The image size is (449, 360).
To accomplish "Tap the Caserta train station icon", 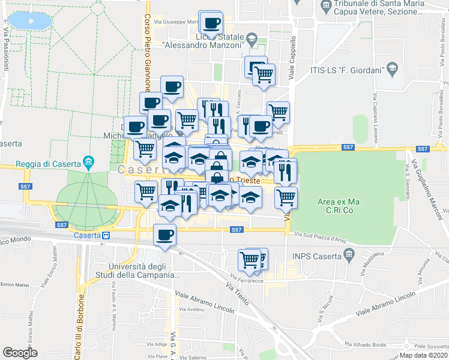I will pyautogui.click(x=106, y=236).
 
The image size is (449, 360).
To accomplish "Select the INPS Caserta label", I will pyautogui.click(x=315, y=256).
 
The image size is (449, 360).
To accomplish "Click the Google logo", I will pyautogui.click(x=20, y=353).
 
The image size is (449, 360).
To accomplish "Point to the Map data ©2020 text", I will pyautogui.click(x=423, y=355).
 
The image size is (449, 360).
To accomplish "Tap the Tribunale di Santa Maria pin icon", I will pyautogui.click(x=326, y=7).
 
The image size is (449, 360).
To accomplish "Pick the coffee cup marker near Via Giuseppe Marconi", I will pyautogui.click(x=211, y=24).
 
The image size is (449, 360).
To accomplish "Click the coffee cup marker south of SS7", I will pyautogui.click(x=164, y=235).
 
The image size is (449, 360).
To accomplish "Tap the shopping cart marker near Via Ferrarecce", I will pyautogui.click(x=249, y=260).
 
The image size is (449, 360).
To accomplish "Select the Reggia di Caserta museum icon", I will pyautogui.click(x=89, y=162).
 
